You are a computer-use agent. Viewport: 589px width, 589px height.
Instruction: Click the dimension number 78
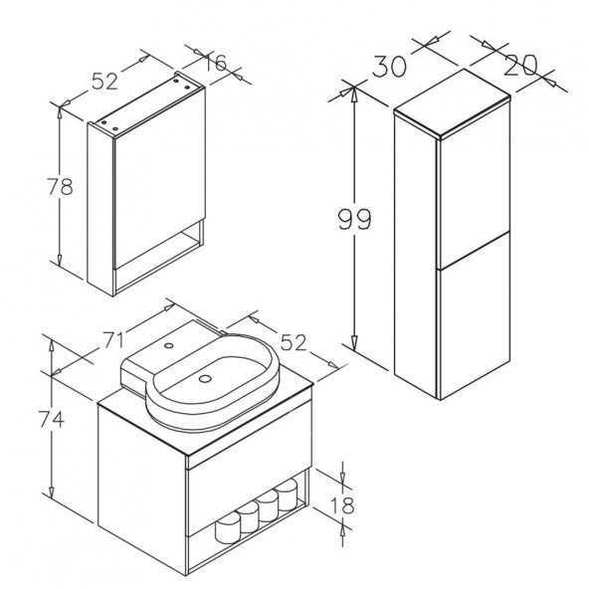pyautogui.click(x=60, y=187)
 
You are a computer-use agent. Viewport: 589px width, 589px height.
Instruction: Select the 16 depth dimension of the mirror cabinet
pyautogui.click(x=216, y=63)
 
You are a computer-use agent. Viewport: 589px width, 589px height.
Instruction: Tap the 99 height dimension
pyautogui.click(x=354, y=219)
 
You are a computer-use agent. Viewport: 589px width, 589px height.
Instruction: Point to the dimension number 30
pyautogui.click(x=390, y=67)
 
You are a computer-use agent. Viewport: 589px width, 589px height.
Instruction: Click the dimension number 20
pyautogui.click(x=521, y=65)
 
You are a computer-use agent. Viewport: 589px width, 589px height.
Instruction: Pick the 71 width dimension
pyautogui.click(x=112, y=341)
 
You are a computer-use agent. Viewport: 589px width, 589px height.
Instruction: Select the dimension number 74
pyautogui.click(x=52, y=419)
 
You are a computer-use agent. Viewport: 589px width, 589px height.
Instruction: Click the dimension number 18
pyautogui.click(x=342, y=505)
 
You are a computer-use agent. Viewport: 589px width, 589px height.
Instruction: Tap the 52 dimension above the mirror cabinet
pyautogui.click(x=104, y=82)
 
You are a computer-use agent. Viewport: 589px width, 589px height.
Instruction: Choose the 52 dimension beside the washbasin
pyautogui.click(x=294, y=342)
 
